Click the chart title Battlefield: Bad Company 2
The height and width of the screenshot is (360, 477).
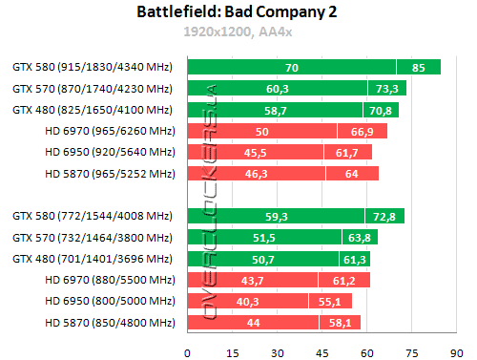[x=238, y=12]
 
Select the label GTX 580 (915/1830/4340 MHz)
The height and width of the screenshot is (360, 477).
[x=93, y=67]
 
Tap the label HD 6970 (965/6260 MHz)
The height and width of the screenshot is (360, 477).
[x=108, y=131]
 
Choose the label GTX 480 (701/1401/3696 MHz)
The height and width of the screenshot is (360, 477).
[x=93, y=259]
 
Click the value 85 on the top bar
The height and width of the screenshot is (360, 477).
[x=419, y=67]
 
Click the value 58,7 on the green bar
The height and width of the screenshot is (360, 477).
[x=276, y=110]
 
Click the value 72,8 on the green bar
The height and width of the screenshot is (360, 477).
[x=385, y=216]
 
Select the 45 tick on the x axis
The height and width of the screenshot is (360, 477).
[x=321, y=350]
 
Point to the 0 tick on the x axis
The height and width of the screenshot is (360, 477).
[x=187, y=350]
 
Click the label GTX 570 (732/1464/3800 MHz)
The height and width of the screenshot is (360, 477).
[x=93, y=238]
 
